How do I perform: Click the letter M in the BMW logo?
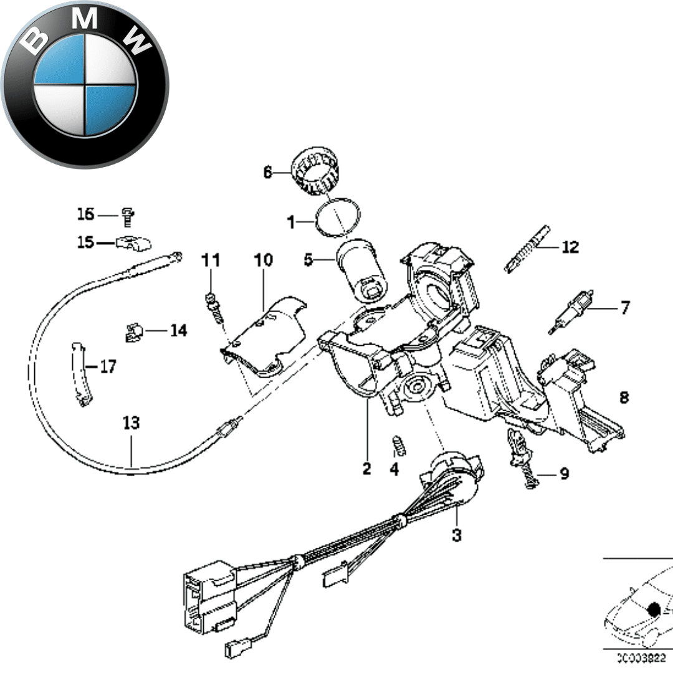85,20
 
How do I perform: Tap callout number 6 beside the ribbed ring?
268,172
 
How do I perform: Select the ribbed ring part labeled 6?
318,171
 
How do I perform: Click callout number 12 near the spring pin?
570,247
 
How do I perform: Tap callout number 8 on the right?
624,397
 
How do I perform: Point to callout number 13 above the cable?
131,424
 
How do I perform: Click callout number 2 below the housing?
366,469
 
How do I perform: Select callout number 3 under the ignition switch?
457,535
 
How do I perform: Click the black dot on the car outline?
654,609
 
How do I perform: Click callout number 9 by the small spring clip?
563,474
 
